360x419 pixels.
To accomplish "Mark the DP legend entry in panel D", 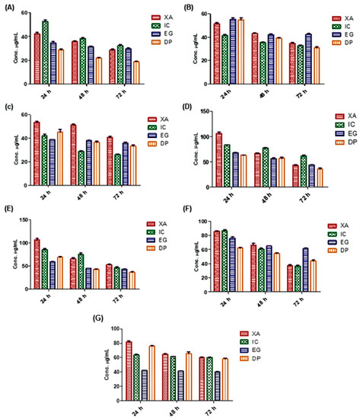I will pos(346,142).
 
